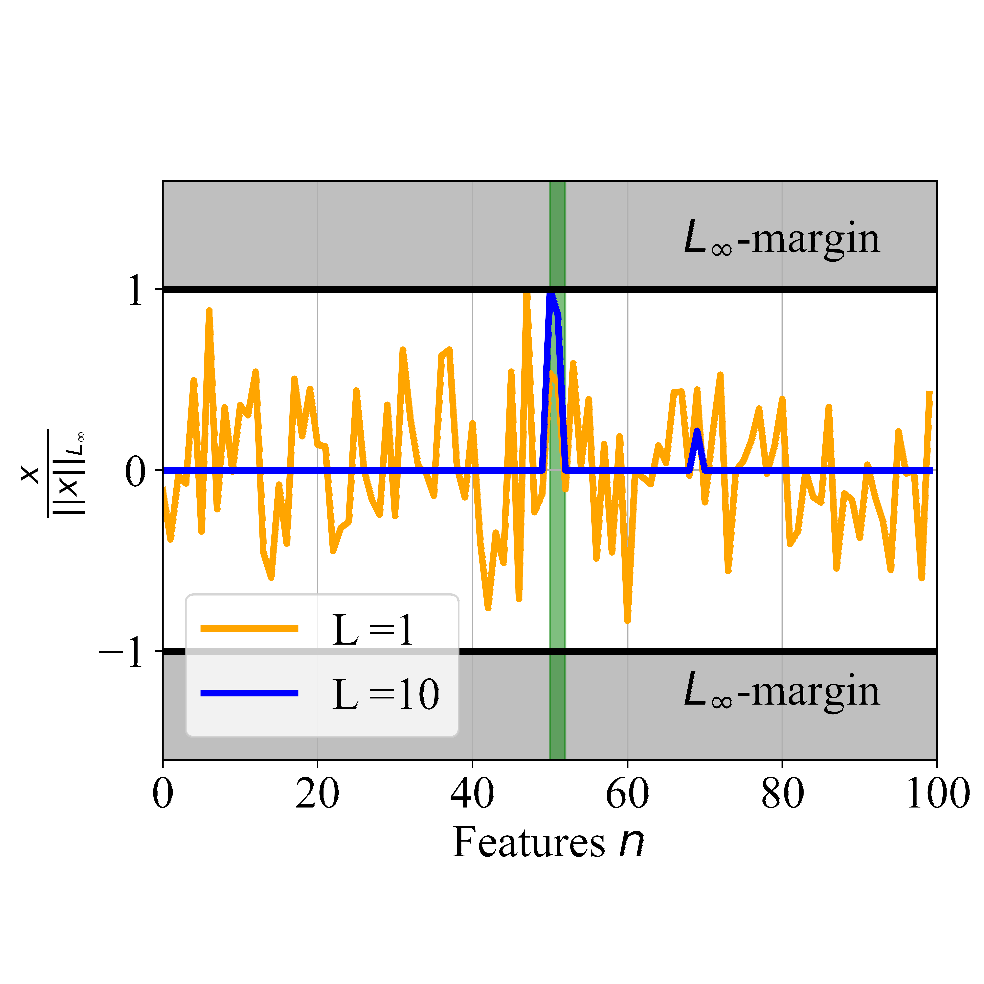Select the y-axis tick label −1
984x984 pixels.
pyautogui.click(x=122, y=653)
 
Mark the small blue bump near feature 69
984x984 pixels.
pyautogui.click(x=697, y=432)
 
